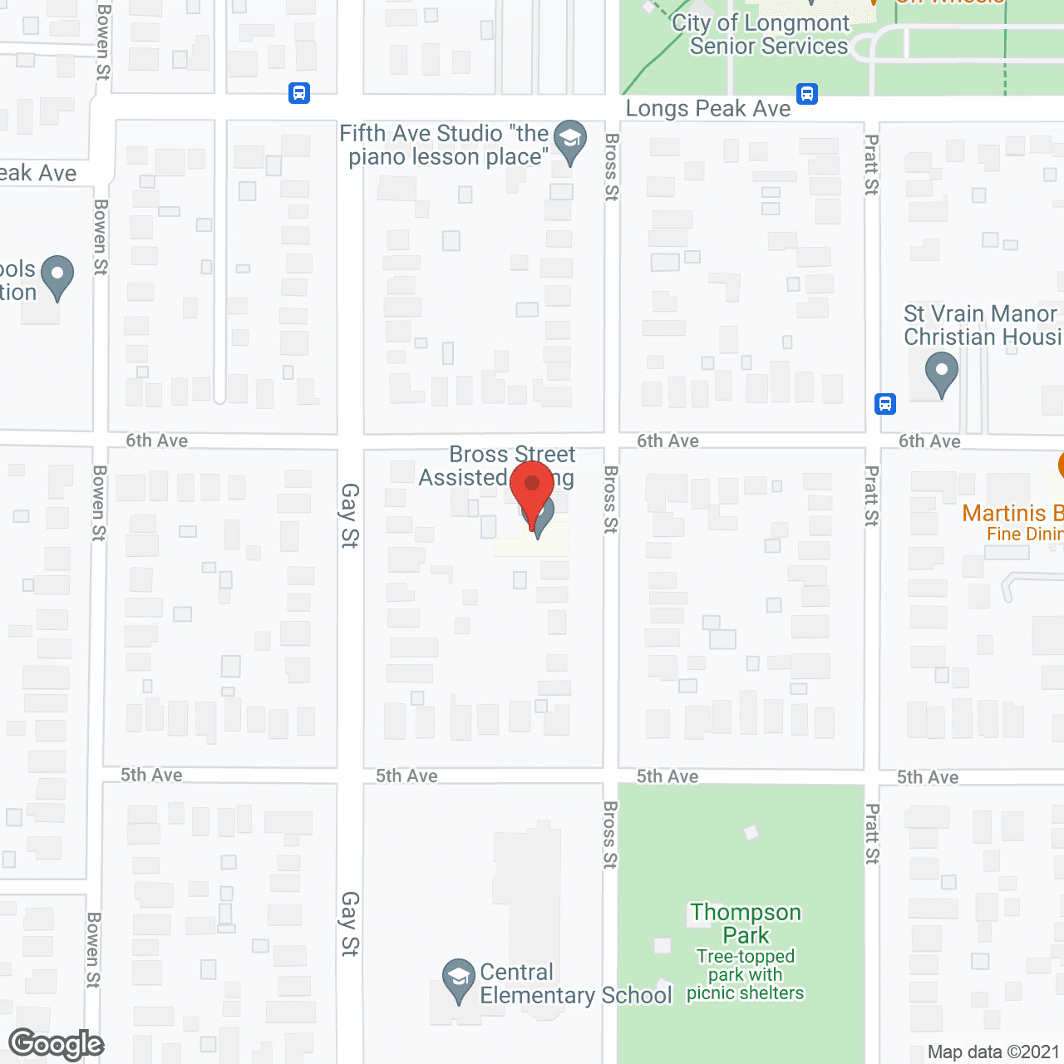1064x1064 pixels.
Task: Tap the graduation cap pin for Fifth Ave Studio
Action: [569, 140]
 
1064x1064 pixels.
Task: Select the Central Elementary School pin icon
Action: [457, 979]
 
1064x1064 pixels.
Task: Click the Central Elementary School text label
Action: [575, 984]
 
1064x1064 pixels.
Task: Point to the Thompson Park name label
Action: [746, 924]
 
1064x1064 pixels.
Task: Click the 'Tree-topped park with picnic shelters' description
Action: [746, 974]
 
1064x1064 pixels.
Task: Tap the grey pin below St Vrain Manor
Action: [941, 372]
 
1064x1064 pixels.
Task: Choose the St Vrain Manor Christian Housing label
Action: [981, 325]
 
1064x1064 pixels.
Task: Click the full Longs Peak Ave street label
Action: [707, 109]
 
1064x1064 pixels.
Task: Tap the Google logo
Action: [56, 1044]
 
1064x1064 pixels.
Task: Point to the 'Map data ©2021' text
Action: [993, 1052]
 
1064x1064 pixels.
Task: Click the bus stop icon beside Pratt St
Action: [884, 404]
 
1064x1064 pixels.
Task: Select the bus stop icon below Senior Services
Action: [806, 93]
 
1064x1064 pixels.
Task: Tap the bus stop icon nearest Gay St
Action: [299, 92]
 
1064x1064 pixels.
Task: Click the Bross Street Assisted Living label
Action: [497, 465]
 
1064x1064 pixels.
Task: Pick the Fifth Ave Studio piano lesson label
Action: [445, 145]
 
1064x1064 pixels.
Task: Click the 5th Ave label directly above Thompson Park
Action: [667, 776]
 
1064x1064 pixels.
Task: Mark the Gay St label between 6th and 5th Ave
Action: [349, 515]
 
